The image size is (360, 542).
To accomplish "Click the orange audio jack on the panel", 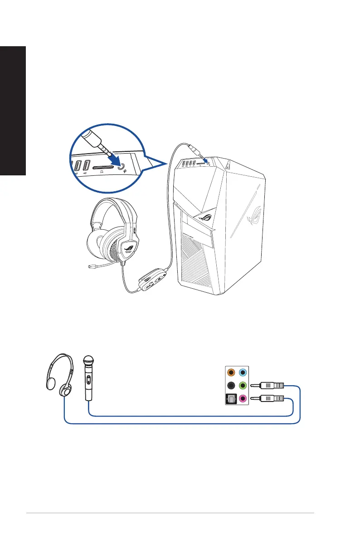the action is pos(231,373).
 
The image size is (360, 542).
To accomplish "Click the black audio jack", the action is pos(231,386).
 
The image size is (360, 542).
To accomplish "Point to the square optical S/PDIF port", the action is pos(231,399).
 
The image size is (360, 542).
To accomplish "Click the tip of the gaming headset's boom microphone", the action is pos(90,267).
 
